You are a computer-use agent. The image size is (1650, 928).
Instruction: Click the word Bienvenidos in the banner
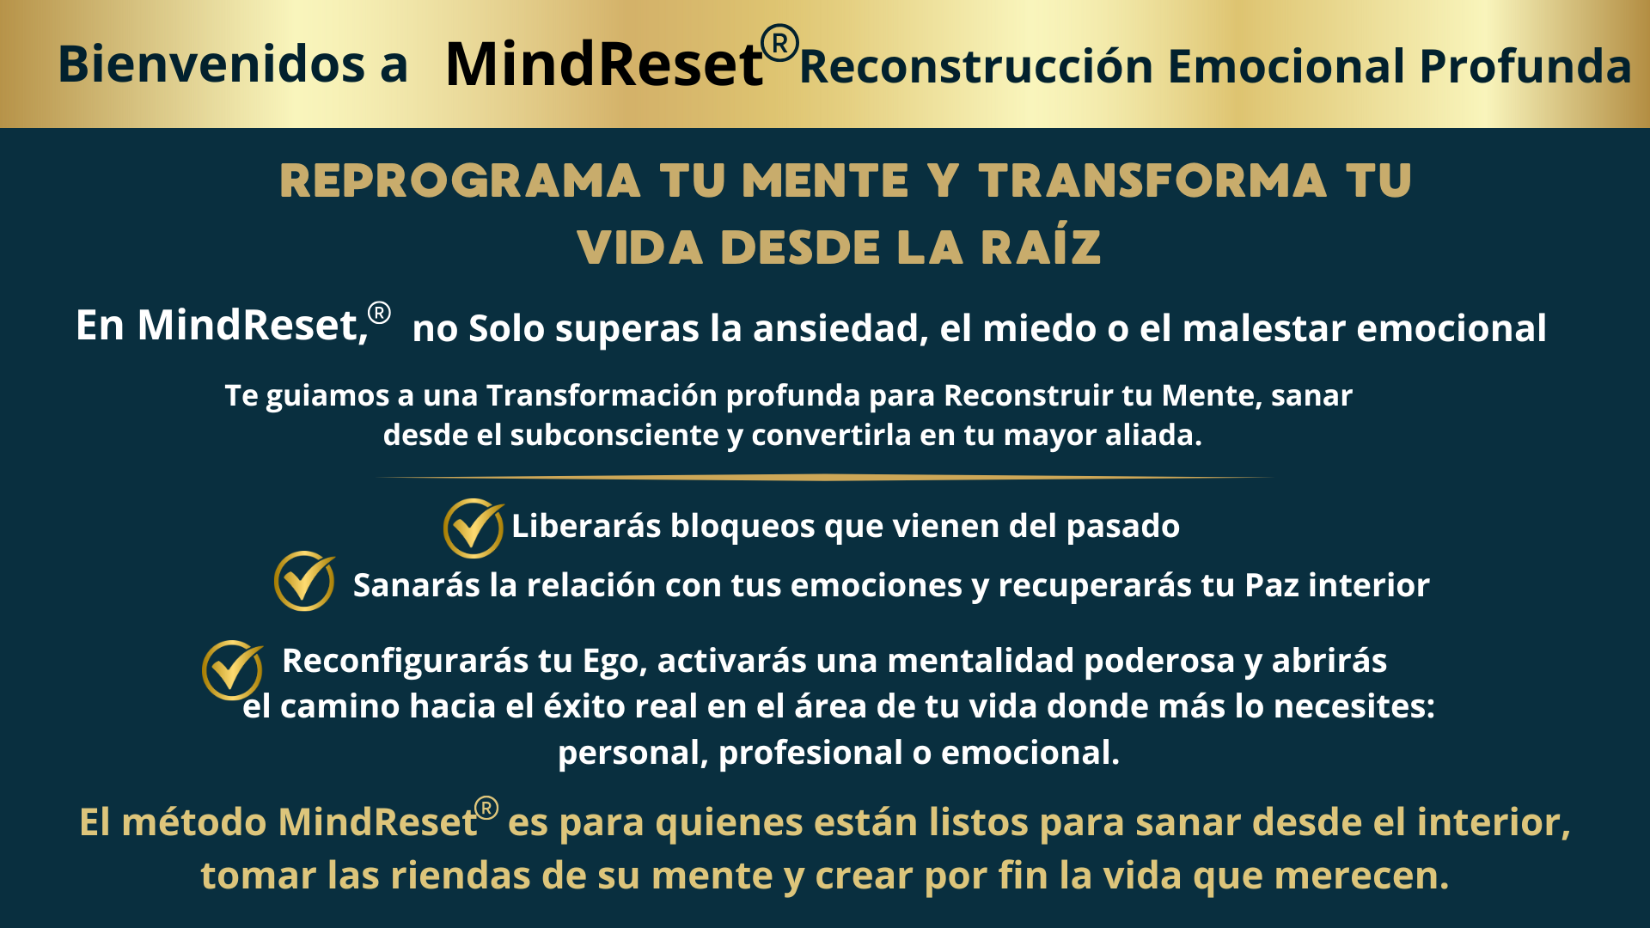[x=211, y=64]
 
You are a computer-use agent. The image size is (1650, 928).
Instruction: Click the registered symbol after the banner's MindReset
[x=780, y=44]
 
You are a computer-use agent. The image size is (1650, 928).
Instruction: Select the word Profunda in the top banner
[x=1525, y=66]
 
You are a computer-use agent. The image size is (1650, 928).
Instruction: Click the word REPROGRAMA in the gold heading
[x=460, y=181]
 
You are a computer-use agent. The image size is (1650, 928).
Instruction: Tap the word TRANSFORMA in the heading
[x=1152, y=181]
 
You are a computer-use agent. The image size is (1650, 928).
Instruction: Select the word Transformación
[x=602, y=395]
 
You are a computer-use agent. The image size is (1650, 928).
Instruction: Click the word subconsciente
[x=614, y=435]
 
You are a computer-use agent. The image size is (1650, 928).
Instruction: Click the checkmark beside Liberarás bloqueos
[x=474, y=528]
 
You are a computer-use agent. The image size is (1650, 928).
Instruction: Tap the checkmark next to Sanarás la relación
[x=305, y=581]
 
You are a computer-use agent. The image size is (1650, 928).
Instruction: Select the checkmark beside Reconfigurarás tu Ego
[x=233, y=670]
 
